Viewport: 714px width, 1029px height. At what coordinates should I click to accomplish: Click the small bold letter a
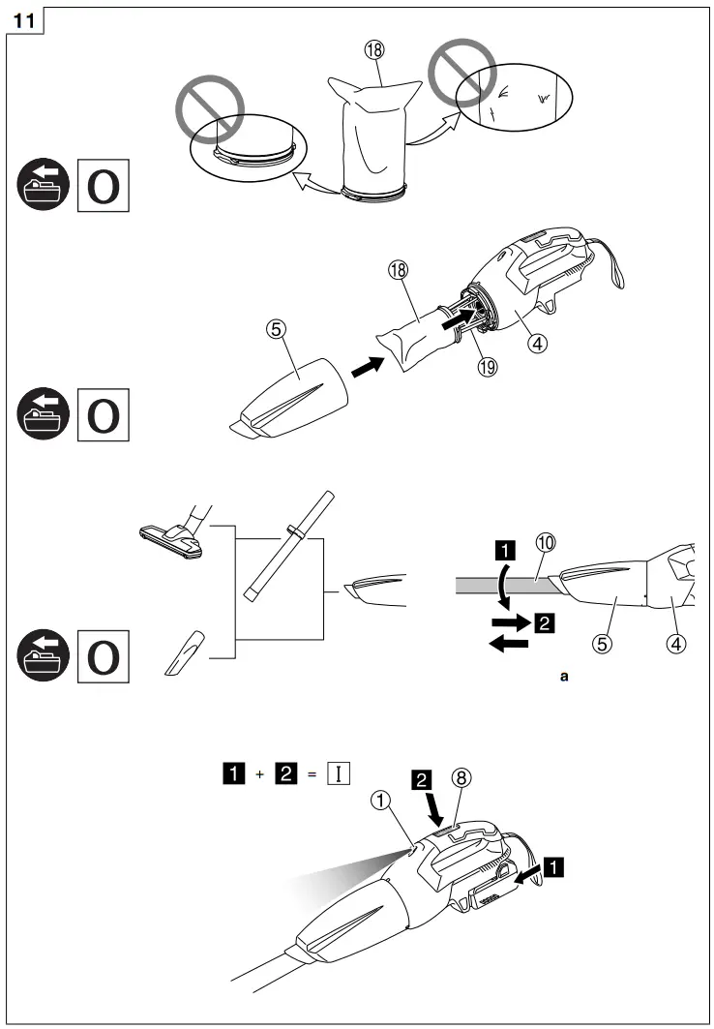click(x=564, y=677)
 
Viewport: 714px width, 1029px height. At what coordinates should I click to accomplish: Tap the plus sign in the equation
click(x=258, y=774)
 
